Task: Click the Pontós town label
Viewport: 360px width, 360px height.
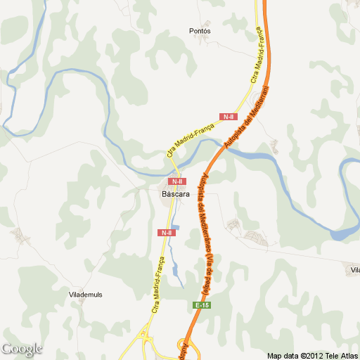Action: [x=200, y=31]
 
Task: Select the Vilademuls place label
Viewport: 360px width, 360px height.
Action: [x=86, y=293]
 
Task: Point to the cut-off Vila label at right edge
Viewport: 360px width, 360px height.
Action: [x=354, y=270]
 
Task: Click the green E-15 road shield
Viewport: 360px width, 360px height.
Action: [x=202, y=305]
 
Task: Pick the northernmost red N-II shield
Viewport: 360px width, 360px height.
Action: [x=228, y=117]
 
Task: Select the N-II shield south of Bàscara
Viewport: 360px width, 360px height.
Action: [x=166, y=232]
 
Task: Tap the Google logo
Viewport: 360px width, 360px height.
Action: [x=22, y=349]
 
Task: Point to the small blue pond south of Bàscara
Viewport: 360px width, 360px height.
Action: [x=174, y=226]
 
